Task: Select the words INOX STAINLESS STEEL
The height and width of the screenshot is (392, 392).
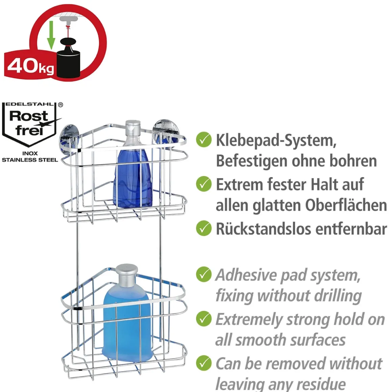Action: [30, 157]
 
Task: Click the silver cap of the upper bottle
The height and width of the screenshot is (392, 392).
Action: [133, 128]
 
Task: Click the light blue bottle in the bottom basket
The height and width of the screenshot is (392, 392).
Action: [126, 324]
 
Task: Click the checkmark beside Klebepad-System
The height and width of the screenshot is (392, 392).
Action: [203, 140]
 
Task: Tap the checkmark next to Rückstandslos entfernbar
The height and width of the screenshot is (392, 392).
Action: [203, 228]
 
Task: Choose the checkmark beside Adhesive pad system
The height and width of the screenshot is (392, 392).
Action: [203, 274]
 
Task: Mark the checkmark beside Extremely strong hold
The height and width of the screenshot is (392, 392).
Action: [203, 319]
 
